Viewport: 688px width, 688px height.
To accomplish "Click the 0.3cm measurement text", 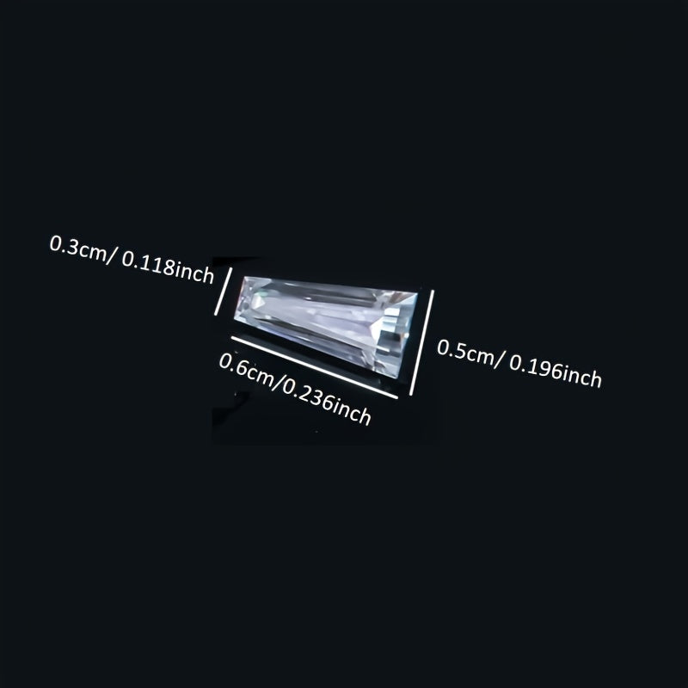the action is [x=78, y=249].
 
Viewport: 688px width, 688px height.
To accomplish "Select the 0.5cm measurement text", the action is [x=465, y=352].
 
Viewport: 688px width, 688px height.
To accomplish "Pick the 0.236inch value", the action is [x=327, y=403].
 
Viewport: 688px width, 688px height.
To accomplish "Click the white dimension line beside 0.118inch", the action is [x=223, y=291].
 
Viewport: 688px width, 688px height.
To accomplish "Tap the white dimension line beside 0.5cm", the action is [x=421, y=342].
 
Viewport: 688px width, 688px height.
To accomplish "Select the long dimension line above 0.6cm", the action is [x=314, y=368].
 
